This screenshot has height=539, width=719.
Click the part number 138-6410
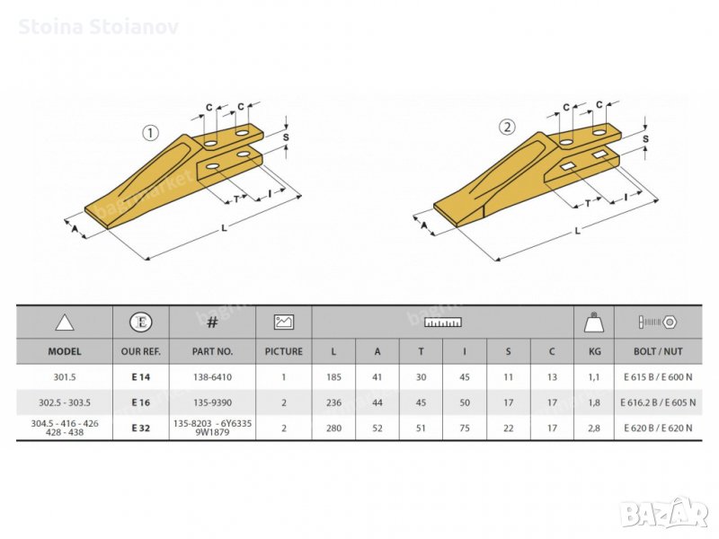click(212, 377)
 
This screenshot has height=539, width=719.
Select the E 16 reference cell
click(141, 402)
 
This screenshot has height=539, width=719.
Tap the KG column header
click(594, 351)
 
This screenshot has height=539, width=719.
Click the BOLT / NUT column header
click(658, 351)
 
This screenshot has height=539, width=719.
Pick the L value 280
click(333, 429)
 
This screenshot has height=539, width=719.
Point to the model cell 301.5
click(65, 377)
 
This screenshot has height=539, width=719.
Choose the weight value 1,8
click(594, 402)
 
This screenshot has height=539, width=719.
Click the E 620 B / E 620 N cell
click(658, 429)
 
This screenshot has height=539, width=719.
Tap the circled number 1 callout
click(150, 133)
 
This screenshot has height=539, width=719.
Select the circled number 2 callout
click(507, 127)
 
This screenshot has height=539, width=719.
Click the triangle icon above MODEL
click(65, 323)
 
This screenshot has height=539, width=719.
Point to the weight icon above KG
click(594, 323)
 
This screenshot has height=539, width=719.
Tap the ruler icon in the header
click(443, 323)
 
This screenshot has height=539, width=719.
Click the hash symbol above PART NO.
click(212, 323)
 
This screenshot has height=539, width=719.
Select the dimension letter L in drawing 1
click(224, 228)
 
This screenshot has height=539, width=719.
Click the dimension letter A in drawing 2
click(424, 225)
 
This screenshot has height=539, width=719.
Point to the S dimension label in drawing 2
click(645, 138)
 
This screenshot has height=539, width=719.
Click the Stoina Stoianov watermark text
click(98, 27)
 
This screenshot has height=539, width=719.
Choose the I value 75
click(465, 429)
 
